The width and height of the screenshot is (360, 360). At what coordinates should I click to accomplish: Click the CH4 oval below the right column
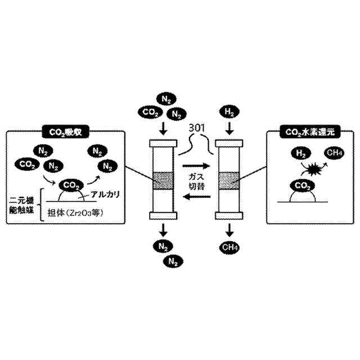pos(229,246)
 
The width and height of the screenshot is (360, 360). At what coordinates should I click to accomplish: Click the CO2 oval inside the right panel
pos(302,185)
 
